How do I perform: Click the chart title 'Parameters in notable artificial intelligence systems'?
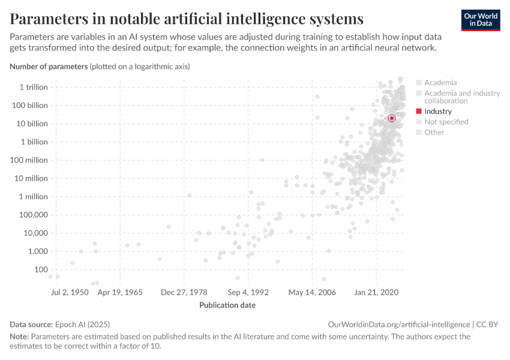[187, 19]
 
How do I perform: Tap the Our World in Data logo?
[481, 20]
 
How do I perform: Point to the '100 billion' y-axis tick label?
[29, 106]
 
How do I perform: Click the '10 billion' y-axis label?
[31, 124]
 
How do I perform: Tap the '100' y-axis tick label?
[40, 269]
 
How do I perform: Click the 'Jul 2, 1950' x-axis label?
[70, 292]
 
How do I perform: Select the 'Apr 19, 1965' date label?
[121, 292]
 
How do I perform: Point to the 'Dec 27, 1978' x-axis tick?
[184, 292]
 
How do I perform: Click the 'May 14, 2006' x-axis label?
[312, 292]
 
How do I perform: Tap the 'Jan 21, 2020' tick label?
[376, 292]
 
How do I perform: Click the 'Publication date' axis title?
[227, 305]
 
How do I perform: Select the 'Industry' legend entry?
[437, 111]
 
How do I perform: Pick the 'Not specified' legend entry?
[446, 122]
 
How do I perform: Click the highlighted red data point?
[392, 118]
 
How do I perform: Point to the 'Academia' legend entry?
[440, 82]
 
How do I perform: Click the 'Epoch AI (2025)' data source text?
[83, 324]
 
